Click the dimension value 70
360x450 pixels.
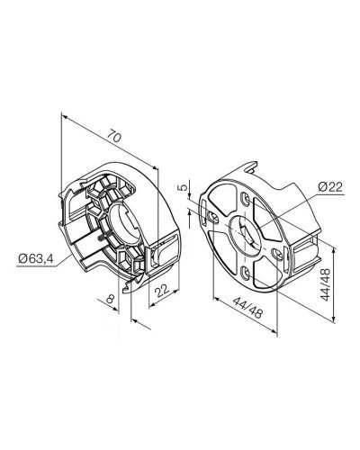pyautogui.click(x=114, y=136)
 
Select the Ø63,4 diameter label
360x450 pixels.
pyautogui.click(x=36, y=258)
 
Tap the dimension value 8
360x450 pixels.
pyautogui.click(x=111, y=299)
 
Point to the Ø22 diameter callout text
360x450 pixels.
pyautogui.click(x=330, y=187)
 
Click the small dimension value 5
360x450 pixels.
pyautogui.click(x=182, y=187)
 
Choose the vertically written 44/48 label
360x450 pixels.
pyautogui.click(x=326, y=284)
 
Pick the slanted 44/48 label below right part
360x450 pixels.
pyautogui.click(x=247, y=307)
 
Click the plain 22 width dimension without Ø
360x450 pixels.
pyautogui.click(x=162, y=290)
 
